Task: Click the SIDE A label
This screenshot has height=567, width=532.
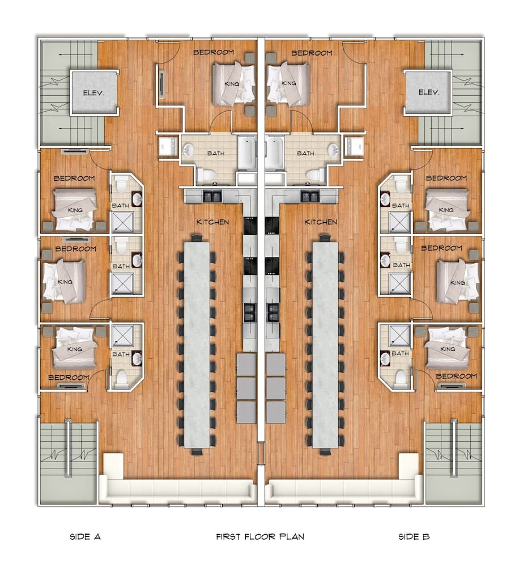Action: [85, 536]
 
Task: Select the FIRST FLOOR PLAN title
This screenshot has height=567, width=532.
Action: [260, 536]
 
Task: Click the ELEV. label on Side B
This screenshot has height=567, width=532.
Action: [429, 92]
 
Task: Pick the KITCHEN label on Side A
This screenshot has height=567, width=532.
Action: [212, 222]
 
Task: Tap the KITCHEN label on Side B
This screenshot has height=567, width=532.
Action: [321, 222]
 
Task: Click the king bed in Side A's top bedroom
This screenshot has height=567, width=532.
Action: [233, 83]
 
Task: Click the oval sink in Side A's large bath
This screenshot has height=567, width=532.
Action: [189, 150]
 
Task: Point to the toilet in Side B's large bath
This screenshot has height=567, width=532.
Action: [310, 174]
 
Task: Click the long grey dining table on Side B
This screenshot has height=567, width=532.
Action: [325, 344]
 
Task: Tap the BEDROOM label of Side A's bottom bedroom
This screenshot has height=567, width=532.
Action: [69, 377]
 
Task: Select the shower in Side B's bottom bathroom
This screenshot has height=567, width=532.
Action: [399, 336]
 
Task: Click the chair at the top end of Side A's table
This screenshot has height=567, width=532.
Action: [197, 237]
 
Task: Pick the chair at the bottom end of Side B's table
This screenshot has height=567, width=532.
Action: [325, 451]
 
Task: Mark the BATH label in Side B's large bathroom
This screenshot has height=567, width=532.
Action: [305, 153]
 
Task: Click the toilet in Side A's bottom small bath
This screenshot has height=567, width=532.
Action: [122, 378]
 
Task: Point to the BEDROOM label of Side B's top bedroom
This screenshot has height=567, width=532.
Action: [312, 53]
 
